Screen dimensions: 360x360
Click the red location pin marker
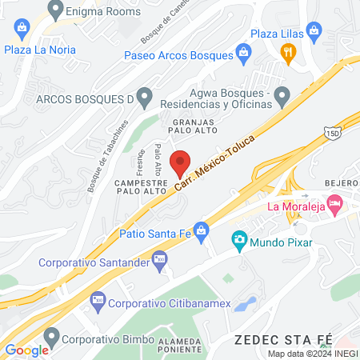click(182, 162)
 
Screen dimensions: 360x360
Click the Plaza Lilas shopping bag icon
click(314, 33)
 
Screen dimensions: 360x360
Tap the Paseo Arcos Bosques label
click(179, 55)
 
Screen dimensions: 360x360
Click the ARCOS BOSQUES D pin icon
click(144, 98)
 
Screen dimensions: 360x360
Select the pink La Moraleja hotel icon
click(336, 206)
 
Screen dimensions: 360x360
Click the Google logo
click(26, 350)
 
